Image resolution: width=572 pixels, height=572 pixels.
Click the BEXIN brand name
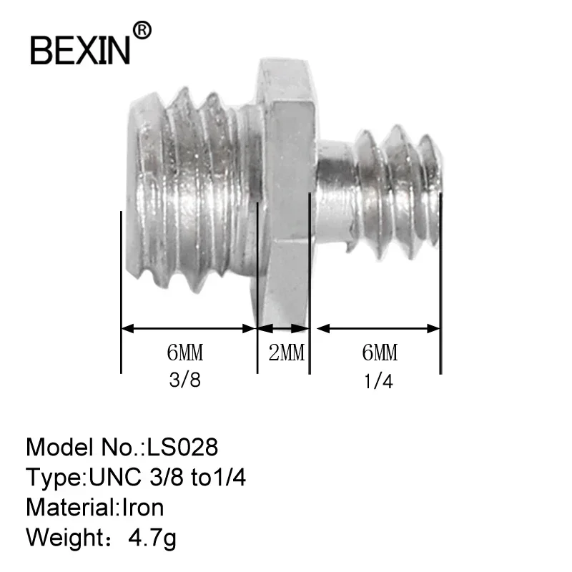[x=79, y=49]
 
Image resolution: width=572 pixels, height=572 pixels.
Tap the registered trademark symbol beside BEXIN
[x=143, y=30]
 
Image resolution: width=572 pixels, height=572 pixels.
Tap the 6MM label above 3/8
[x=185, y=353]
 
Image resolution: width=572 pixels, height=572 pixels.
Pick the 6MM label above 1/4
[x=379, y=353]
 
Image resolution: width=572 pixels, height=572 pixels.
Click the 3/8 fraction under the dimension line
[x=185, y=380]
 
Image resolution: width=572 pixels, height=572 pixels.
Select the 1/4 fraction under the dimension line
[x=379, y=381]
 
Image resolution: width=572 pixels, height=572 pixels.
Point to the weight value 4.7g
[x=150, y=538]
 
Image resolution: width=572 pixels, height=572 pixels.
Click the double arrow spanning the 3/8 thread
[x=189, y=329]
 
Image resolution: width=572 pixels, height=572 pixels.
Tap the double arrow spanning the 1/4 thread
[x=378, y=329]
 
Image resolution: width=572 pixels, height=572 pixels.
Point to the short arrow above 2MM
[x=283, y=329]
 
